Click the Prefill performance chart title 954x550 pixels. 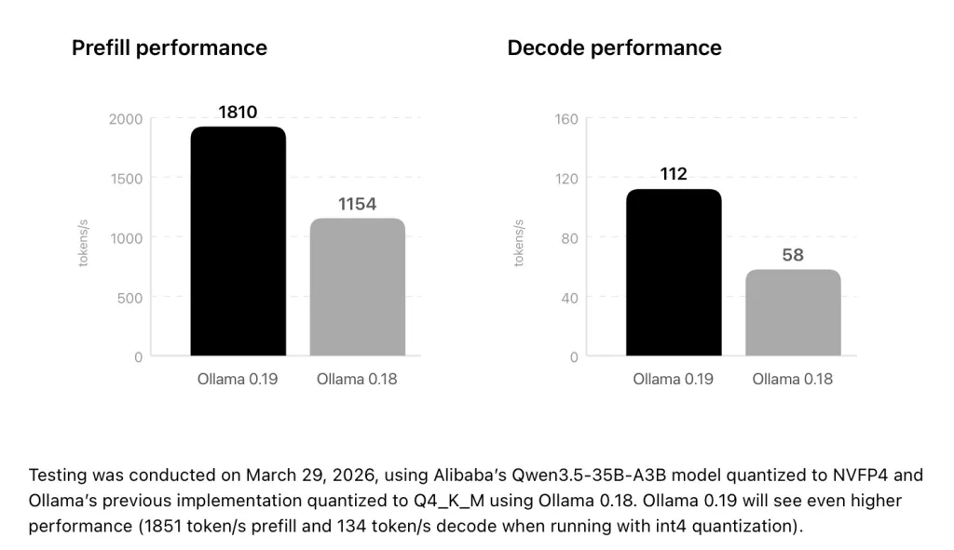click(x=169, y=48)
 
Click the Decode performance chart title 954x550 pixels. click(x=614, y=48)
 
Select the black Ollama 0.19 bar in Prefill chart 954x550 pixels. click(x=238, y=242)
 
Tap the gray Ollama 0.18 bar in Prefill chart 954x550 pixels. click(x=357, y=288)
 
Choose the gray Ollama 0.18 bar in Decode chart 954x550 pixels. click(x=793, y=313)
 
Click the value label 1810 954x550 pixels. click(x=238, y=113)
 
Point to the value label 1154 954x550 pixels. click(x=357, y=204)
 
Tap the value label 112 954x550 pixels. click(x=674, y=174)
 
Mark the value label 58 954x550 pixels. click(x=793, y=255)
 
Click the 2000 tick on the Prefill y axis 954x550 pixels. click(x=126, y=119)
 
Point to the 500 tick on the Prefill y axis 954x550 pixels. click(x=130, y=298)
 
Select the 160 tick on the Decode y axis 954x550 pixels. click(x=567, y=119)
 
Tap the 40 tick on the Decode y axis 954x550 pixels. click(x=569, y=298)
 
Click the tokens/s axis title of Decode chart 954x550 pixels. click(x=520, y=243)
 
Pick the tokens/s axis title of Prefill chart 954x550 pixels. click(x=83, y=243)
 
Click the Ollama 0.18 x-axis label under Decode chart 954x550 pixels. click(x=792, y=380)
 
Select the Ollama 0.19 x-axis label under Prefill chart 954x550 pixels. click(x=238, y=380)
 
